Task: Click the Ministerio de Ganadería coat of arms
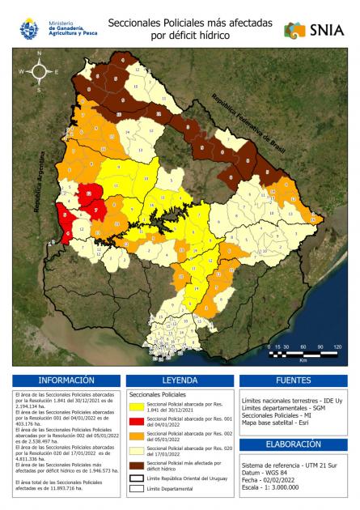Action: [30, 29]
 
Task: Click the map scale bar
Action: [303, 352]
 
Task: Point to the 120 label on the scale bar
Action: [337, 346]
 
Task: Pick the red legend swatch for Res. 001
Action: [137, 422]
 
